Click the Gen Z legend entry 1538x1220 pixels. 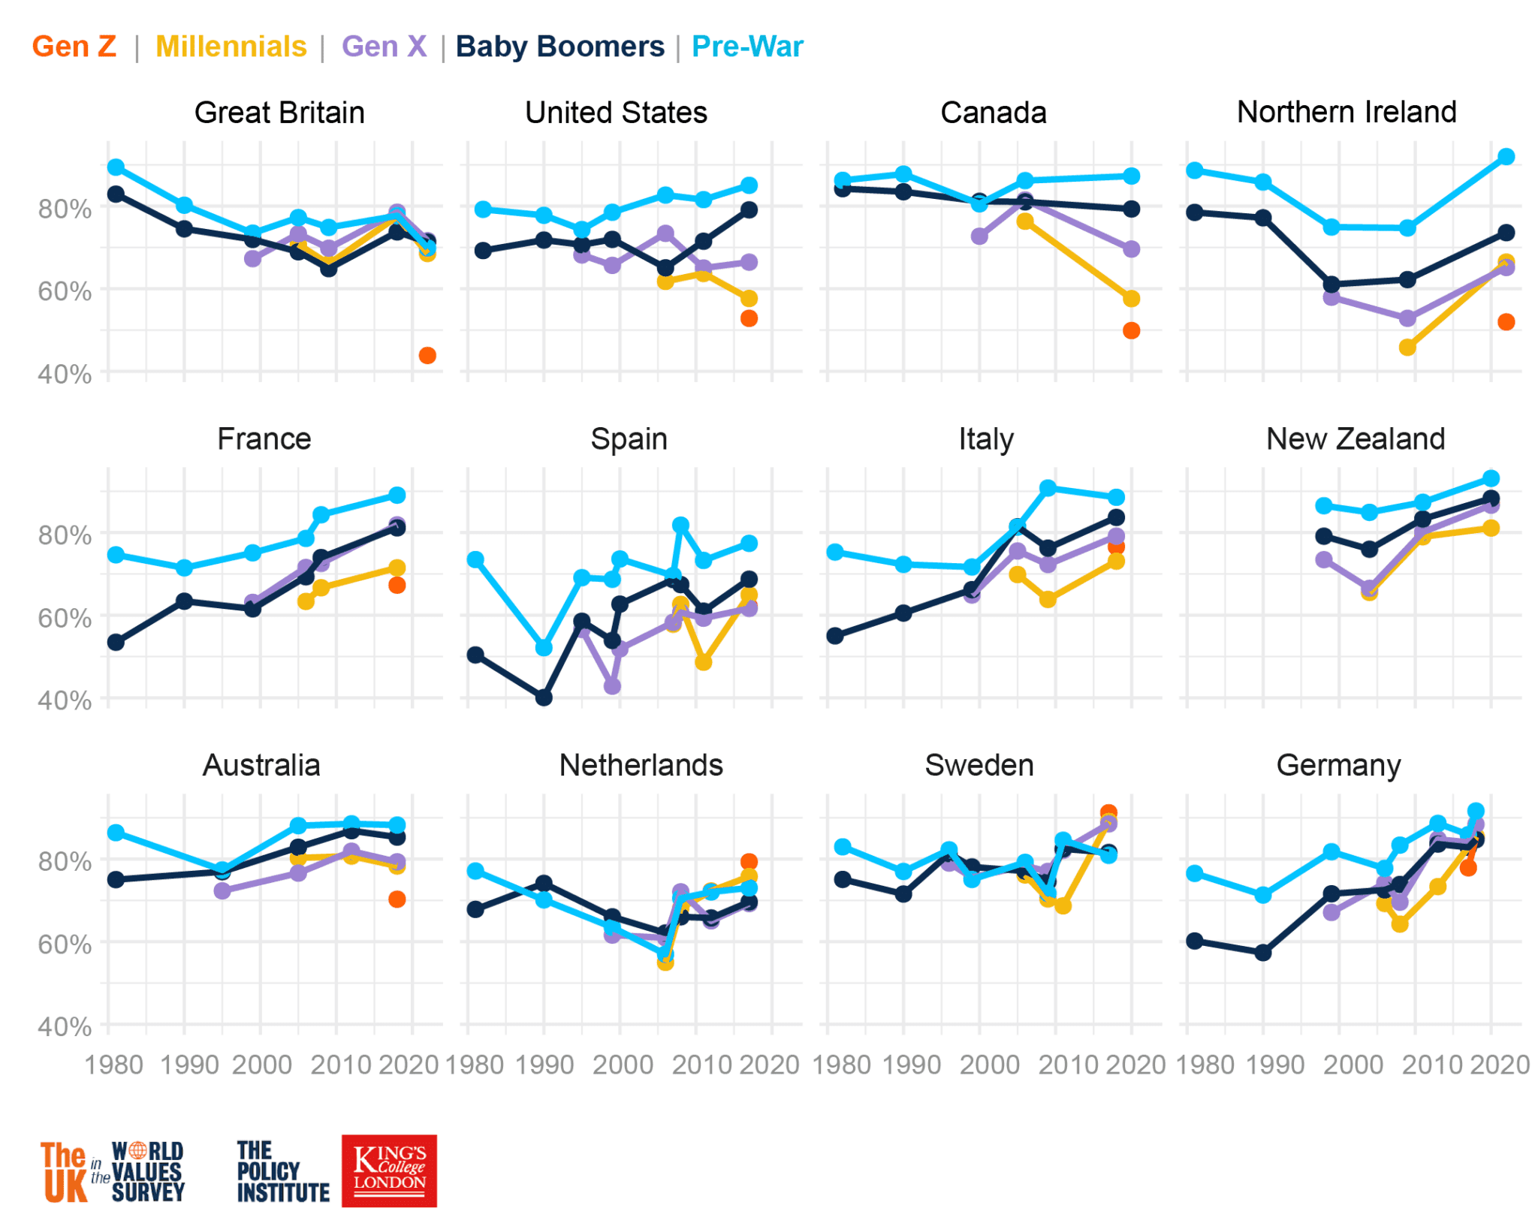pos(74,47)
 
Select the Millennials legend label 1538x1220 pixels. pos(231,47)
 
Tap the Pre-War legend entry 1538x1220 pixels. pos(746,47)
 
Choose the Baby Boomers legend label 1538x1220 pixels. pos(559,47)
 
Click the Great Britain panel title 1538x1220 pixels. pos(279,113)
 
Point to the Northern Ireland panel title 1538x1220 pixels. pos(1346,112)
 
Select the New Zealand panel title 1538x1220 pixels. pos(1355,438)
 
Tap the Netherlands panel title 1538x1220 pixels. pos(641,765)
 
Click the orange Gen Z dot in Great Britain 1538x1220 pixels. pos(427,355)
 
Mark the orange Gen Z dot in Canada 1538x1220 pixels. pos(1131,330)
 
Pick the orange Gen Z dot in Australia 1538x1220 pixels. pos(397,899)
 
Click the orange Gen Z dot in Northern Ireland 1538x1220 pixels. pos(1506,322)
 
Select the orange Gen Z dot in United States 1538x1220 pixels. pos(749,318)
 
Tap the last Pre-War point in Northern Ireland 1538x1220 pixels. pos(1506,157)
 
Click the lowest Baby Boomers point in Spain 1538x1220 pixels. pos(544,697)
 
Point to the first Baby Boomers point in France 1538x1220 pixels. pos(116,642)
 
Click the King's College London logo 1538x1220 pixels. pos(389,1170)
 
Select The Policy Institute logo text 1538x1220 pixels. pos(282,1171)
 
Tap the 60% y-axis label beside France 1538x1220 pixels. pos(65,618)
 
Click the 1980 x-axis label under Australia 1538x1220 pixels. pos(114,1065)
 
